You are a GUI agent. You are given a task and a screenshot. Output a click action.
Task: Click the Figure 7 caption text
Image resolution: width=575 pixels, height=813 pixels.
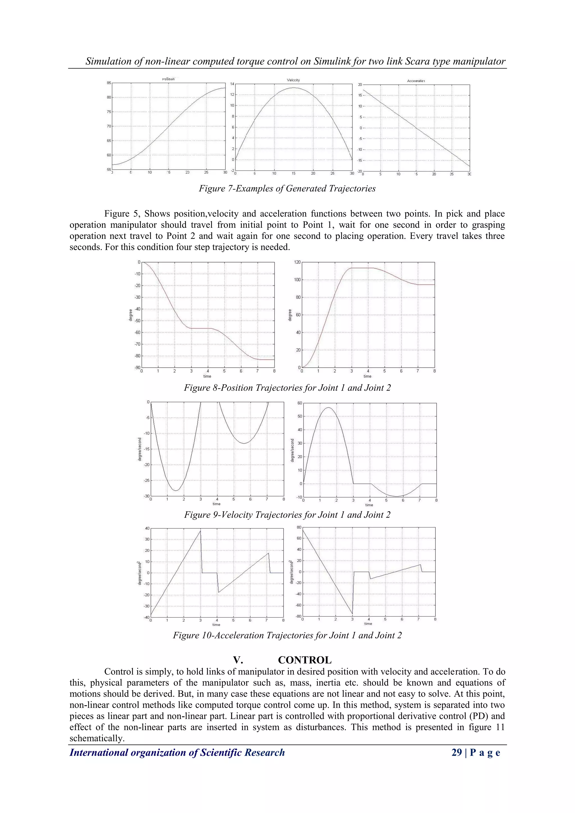click(x=287, y=188)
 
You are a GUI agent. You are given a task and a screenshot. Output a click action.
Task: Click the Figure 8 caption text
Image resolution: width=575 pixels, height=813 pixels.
click(x=287, y=388)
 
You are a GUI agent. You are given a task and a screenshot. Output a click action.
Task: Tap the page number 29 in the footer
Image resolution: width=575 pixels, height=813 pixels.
click(x=457, y=752)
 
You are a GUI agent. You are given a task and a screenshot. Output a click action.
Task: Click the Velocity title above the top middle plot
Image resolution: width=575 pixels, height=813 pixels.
click(x=293, y=80)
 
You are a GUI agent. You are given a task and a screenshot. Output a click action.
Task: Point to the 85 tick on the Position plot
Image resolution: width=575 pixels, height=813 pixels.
click(x=109, y=83)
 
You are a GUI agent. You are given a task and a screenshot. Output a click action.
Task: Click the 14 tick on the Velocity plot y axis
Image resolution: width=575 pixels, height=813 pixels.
click(x=232, y=84)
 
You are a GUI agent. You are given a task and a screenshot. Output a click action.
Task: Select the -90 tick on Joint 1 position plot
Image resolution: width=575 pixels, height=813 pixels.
click(x=137, y=367)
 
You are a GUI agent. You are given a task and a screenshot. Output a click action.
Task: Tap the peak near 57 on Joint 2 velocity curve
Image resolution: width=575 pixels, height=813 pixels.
click(x=328, y=408)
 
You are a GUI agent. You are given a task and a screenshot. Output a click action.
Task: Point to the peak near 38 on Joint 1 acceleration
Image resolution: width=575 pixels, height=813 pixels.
click(x=200, y=530)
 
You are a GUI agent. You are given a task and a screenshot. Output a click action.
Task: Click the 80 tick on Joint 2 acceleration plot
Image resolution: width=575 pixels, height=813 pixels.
click(x=299, y=527)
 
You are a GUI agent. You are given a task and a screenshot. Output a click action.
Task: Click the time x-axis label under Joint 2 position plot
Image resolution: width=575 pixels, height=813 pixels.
click(x=368, y=376)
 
